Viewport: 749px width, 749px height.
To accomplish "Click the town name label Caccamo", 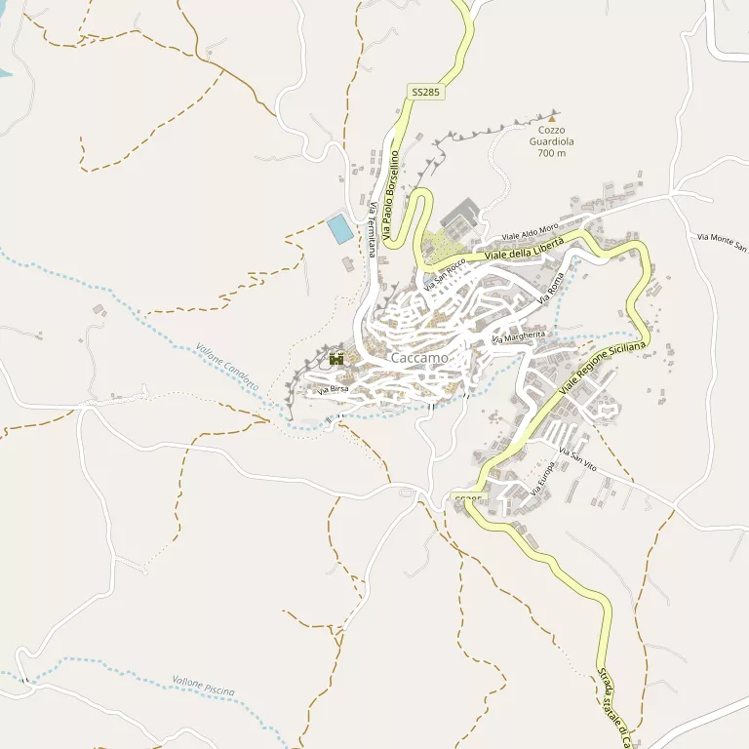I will [x=419, y=358].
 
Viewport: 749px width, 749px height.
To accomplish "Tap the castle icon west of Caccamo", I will [x=337, y=358].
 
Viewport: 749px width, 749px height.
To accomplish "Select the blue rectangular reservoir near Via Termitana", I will [x=340, y=229].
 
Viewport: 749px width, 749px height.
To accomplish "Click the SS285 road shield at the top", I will [x=425, y=92].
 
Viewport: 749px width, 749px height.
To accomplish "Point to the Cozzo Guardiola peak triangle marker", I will [x=551, y=118].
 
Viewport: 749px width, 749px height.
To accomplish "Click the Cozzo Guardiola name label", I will [x=551, y=140].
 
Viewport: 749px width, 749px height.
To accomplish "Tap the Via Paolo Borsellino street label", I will [x=391, y=195].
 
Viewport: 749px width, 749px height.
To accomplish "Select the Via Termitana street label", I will [x=373, y=229].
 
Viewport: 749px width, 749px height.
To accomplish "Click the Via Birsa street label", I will [x=333, y=390].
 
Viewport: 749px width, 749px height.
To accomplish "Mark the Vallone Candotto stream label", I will [x=227, y=367].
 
